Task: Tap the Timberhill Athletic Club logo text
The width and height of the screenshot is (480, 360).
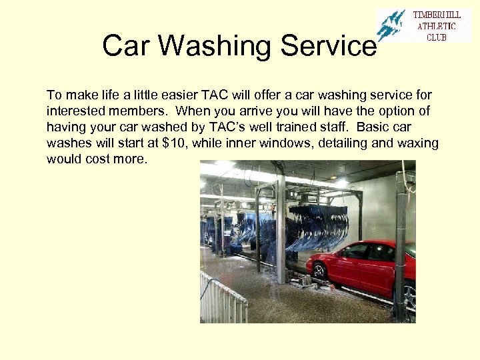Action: [437, 26]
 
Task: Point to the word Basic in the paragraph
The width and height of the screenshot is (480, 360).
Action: [374, 127]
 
